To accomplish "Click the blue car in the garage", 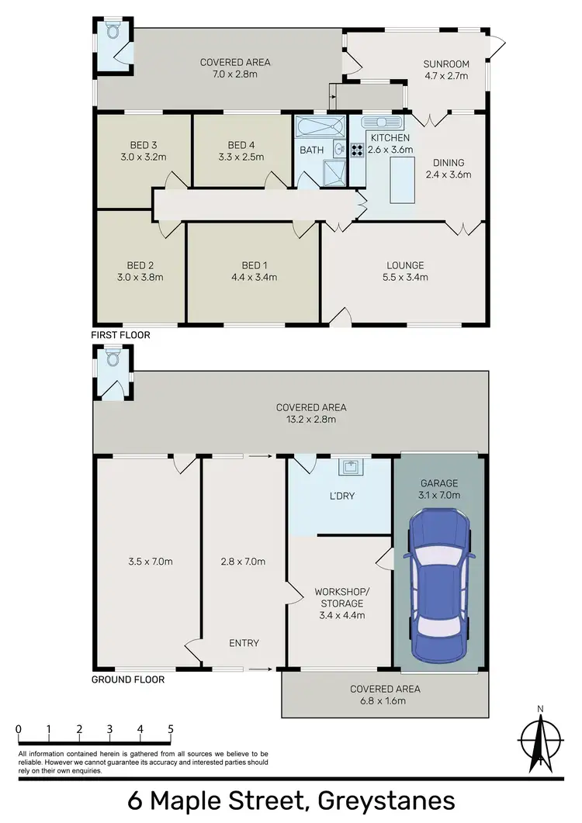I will click(440, 586).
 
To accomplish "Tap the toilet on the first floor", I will click(113, 33).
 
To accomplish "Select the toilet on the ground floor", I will click(113, 358).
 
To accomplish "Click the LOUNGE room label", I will click(402, 265).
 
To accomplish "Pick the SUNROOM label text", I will click(442, 64).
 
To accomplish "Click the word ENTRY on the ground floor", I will click(244, 643).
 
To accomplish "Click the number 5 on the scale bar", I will click(170, 729).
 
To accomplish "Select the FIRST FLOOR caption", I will click(121, 335).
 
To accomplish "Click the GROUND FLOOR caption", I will click(127, 679).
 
